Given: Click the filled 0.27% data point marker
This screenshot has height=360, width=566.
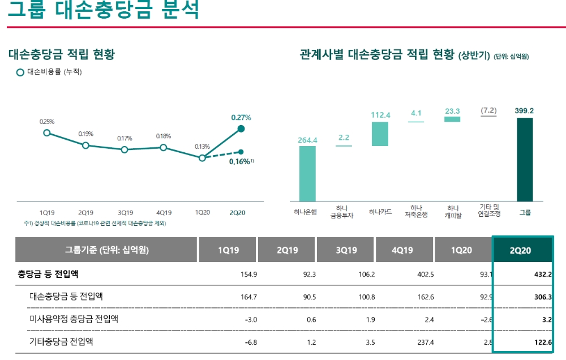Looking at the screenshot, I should (x=241, y=129).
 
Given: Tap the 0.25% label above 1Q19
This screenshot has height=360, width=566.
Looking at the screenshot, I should (x=47, y=122).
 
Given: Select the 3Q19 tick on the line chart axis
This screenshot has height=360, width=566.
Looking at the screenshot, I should (x=125, y=213).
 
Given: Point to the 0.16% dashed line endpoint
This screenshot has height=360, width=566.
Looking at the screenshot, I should (x=241, y=152).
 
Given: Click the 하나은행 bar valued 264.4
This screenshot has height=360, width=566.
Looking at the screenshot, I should (x=307, y=173).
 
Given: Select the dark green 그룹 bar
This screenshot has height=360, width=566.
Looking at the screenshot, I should (x=525, y=159).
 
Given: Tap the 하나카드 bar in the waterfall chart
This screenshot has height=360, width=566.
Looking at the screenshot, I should (x=380, y=134).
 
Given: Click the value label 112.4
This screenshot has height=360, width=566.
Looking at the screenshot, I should (x=380, y=115).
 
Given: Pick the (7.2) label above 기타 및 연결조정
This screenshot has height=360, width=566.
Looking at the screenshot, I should (x=488, y=110).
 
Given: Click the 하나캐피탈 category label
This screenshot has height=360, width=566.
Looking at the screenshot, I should (x=452, y=212).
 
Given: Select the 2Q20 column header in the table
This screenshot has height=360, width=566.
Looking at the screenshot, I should (x=522, y=250).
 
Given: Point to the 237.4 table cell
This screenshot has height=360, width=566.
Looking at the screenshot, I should (x=423, y=342).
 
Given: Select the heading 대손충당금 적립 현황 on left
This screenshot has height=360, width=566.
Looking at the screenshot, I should (x=61, y=55).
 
